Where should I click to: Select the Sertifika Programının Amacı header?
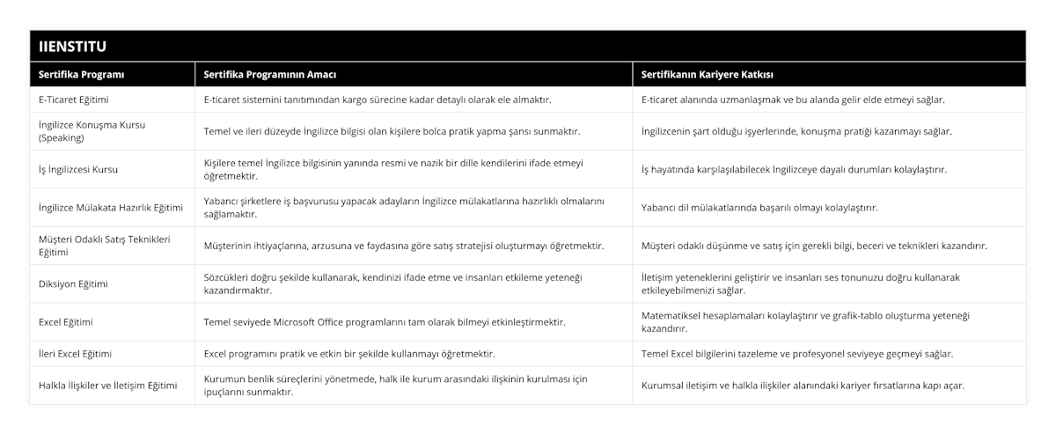[x=269, y=74]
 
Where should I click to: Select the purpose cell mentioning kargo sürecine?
[x=378, y=99]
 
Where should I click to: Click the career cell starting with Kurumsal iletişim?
[x=803, y=386]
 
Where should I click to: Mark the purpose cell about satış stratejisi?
[x=404, y=246]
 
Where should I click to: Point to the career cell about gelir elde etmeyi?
[x=793, y=99]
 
